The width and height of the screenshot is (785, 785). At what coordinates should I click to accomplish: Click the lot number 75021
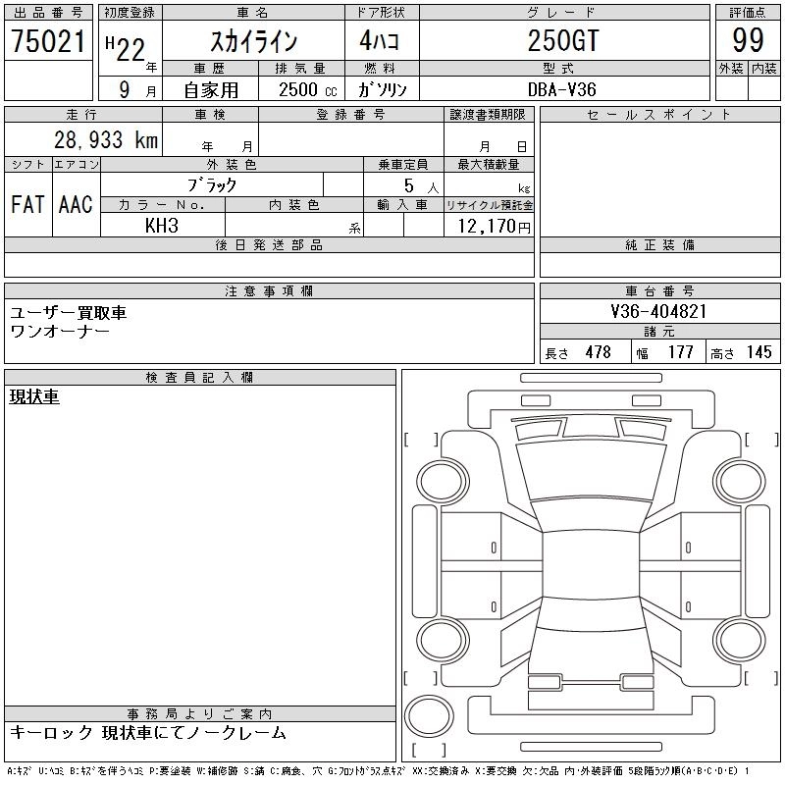tap(48, 41)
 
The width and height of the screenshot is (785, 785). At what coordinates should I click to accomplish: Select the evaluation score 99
tap(748, 40)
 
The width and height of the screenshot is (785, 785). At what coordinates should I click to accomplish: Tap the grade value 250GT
tap(563, 40)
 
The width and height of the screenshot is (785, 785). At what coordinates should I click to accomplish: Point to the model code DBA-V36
tap(561, 89)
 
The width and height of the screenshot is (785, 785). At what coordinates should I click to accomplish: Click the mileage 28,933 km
tap(106, 139)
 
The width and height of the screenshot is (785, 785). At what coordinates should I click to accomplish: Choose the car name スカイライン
tap(254, 41)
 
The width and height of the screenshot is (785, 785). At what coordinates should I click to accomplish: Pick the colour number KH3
tap(161, 226)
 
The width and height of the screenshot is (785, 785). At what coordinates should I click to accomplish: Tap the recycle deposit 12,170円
tap(494, 227)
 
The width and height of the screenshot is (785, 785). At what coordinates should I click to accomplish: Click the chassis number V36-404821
tap(658, 311)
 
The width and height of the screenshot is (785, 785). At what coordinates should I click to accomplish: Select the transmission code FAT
tap(27, 204)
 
